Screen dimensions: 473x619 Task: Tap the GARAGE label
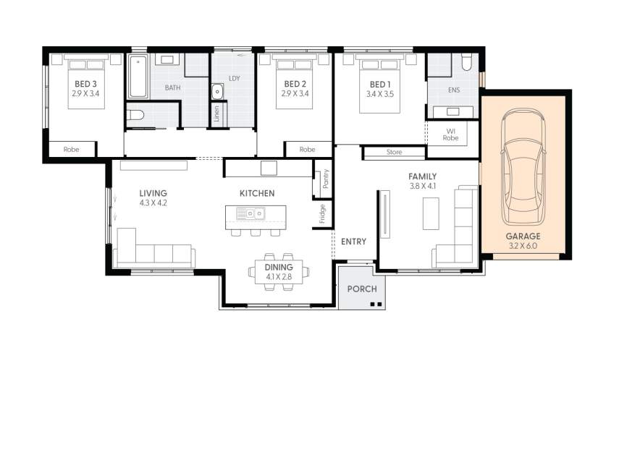[x=523, y=236]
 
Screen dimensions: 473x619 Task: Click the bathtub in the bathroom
[x=138, y=76]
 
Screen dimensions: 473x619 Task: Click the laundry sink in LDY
[x=217, y=91]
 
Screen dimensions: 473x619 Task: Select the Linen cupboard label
[x=216, y=115]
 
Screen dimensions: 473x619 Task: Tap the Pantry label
[x=326, y=179]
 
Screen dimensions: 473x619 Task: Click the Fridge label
[x=322, y=214]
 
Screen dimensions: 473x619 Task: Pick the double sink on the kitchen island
[x=253, y=213]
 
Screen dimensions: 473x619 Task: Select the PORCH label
[x=362, y=289]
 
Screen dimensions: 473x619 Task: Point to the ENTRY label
[x=353, y=242]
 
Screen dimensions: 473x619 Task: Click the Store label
[x=394, y=153]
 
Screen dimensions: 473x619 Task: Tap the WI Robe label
[x=452, y=134]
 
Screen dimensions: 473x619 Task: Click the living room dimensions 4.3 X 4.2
[x=153, y=203]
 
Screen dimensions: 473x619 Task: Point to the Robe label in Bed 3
[x=71, y=150]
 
